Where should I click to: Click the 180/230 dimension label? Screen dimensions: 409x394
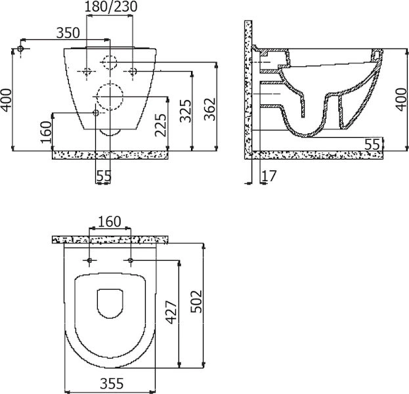coord(111,7)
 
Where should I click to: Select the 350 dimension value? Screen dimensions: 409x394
coord(68,33)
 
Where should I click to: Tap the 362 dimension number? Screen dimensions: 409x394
coord(210,109)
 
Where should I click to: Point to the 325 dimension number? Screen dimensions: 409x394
coord(186,111)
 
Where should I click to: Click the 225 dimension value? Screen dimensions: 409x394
coord(161,125)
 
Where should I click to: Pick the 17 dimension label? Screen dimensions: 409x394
coord(269,176)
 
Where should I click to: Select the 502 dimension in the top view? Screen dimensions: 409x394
coord(196,301)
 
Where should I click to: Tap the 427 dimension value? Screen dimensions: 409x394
coord(171,313)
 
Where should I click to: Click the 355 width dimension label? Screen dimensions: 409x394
coord(112,383)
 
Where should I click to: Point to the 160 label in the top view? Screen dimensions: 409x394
coord(110,222)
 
